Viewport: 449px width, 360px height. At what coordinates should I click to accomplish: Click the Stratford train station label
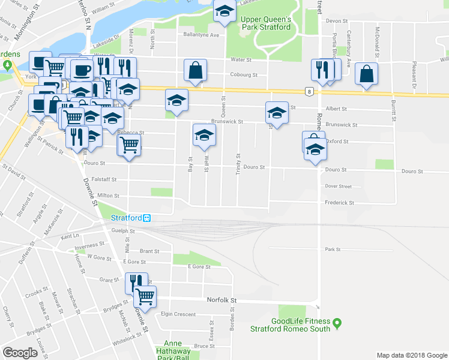[127, 217]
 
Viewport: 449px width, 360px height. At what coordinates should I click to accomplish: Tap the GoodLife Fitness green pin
[337, 324]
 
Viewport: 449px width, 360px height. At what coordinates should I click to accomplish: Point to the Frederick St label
[340, 203]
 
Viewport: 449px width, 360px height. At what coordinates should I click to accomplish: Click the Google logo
[20, 353]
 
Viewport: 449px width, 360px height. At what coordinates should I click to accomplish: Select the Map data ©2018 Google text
[411, 355]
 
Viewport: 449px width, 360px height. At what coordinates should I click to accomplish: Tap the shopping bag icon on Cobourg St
[196, 70]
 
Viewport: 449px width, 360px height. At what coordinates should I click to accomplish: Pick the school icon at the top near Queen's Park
[225, 11]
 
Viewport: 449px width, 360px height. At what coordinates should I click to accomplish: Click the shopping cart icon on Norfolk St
[145, 296]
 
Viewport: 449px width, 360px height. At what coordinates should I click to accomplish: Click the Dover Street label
[338, 186]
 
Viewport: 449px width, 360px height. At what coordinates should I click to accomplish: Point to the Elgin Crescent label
[178, 314]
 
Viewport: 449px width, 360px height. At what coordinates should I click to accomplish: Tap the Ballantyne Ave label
[202, 35]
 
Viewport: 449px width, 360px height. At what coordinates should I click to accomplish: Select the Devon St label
[333, 20]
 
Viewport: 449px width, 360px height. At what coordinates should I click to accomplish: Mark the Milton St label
[108, 195]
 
